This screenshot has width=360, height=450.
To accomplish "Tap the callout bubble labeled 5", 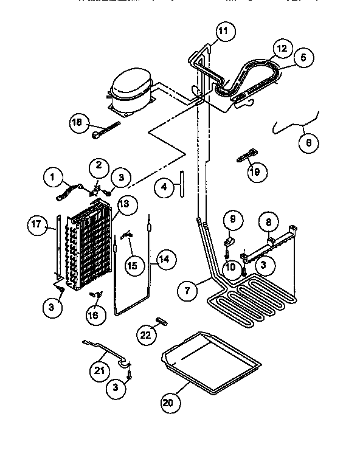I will click(x=302, y=58).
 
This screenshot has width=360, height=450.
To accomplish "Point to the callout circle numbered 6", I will click(x=308, y=144).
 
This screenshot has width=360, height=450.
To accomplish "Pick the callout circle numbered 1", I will click(x=53, y=178).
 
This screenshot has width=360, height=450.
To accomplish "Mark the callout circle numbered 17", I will click(x=37, y=224).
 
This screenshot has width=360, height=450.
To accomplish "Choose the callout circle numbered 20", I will click(x=171, y=401).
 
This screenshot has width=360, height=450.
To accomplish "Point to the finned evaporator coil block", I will click(x=91, y=246).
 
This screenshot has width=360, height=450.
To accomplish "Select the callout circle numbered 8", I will click(x=269, y=223).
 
